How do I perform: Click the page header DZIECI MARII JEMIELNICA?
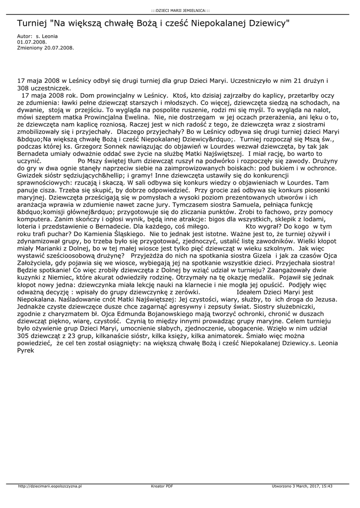pyautogui.click(x=180, y=10)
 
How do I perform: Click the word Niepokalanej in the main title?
pyautogui.click(x=212, y=23)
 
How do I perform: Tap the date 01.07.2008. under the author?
pyautogui.click(x=29, y=42)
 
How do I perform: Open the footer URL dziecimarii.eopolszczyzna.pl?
pyautogui.click(x=50, y=487)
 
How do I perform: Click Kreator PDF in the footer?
pyautogui.click(x=162, y=487)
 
